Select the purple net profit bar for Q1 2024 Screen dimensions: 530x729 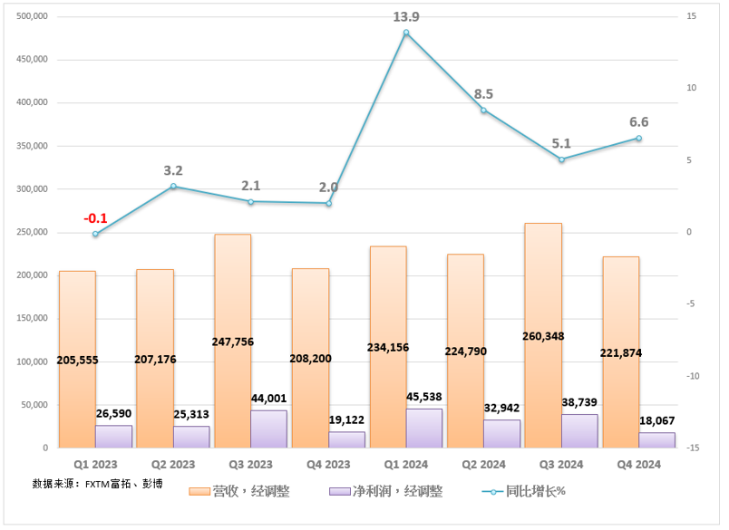pyautogui.click(x=424, y=428)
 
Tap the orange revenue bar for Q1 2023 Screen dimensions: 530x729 pyautogui.click(x=77, y=317)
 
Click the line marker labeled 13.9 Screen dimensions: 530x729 pyautogui.click(x=406, y=33)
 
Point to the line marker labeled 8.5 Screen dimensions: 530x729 pyautogui.click(x=483, y=111)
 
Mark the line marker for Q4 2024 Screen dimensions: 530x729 pyautogui.click(x=638, y=139)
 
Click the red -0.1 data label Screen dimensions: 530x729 pyautogui.click(x=95, y=218)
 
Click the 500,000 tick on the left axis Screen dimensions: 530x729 pyautogui.click(x=31, y=17)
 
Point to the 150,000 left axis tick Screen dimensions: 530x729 pyautogui.click(x=31, y=318)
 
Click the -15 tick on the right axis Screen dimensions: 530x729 pyautogui.click(x=691, y=448)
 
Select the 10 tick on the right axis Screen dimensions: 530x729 pyautogui.click(x=691, y=89)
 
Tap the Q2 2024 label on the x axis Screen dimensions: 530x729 pyautogui.click(x=483, y=464)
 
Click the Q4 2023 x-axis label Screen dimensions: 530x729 pyautogui.click(x=328, y=464)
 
